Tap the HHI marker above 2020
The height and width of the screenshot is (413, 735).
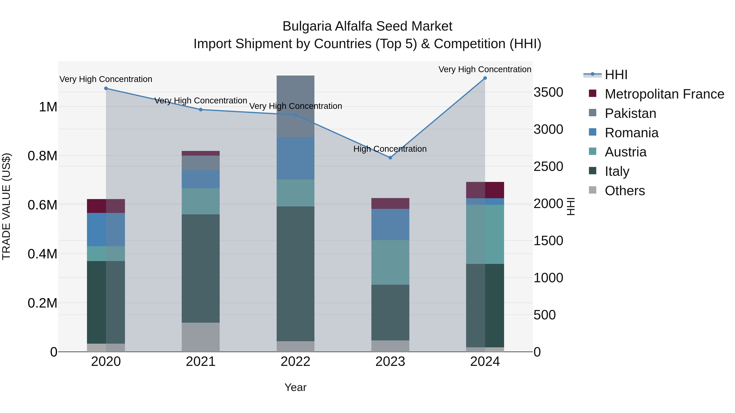[x=106, y=88]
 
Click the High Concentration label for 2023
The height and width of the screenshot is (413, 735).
[x=390, y=149]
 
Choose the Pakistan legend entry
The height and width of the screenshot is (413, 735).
[x=630, y=113]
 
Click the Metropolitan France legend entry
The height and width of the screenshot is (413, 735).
[x=664, y=94]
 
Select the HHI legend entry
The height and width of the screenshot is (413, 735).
[x=616, y=75]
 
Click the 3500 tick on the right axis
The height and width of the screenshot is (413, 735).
[x=548, y=92]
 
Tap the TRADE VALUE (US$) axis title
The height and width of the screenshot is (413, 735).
[x=6, y=206]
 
